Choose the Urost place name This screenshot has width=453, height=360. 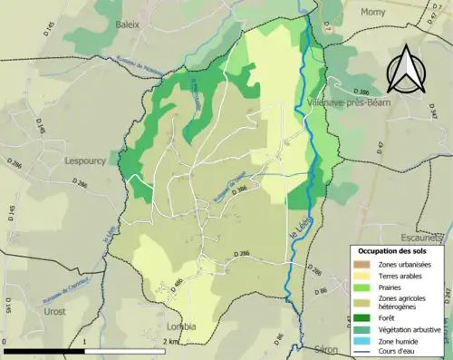[54, 309]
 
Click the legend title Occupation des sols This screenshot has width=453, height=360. [396, 249]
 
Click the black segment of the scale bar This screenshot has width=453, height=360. [43, 351]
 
